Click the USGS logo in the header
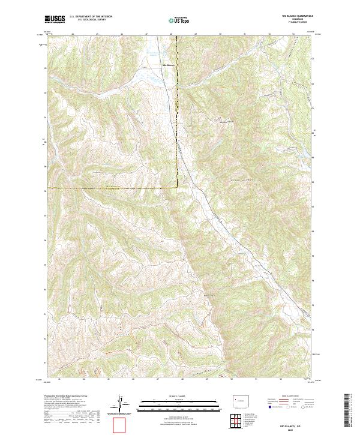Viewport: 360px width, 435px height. tap(55, 20)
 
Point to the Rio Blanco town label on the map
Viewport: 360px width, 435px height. tap(169, 65)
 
